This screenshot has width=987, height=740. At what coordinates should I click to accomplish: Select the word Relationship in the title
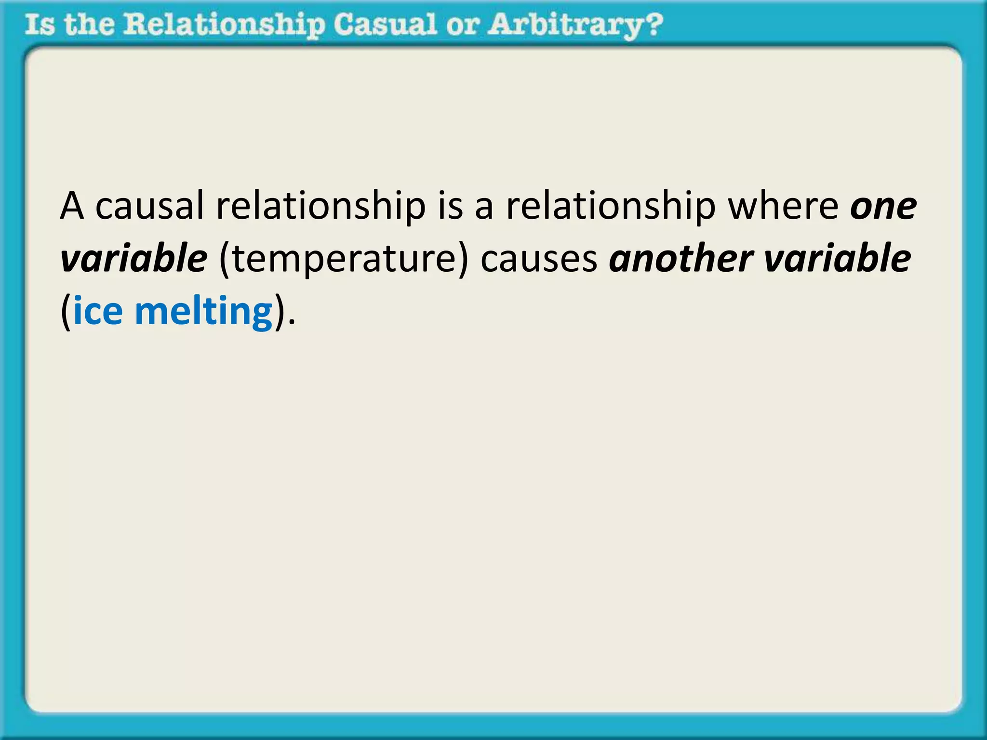(x=224, y=25)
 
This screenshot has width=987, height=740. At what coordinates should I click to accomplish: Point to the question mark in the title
(x=654, y=24)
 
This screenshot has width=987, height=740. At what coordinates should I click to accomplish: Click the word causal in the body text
(x=149, y=206)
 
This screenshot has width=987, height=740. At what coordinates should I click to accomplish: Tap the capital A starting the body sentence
(x=72, y=206)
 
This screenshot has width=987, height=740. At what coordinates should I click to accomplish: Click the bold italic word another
(x=680, y=259)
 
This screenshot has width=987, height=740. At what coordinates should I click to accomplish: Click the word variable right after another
(x=838, y=259)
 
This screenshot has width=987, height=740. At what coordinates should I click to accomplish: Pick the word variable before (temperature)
(x=134, y=259)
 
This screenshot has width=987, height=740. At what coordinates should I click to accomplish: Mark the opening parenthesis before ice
(x=66, y=312)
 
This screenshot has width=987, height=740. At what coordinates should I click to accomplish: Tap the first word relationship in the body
(x=321, y=206)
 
